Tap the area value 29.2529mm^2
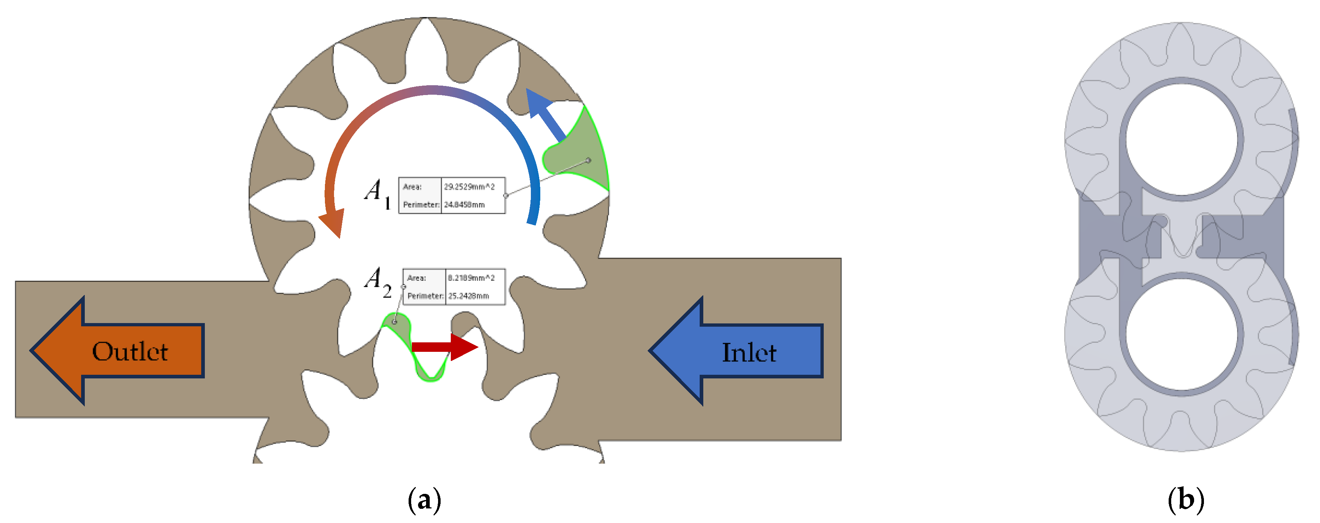coord(469,186)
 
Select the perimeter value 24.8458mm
coord(464,205)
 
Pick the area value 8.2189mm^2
coord(471,278)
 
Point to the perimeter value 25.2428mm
coord(468,296)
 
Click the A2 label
coord(378,282)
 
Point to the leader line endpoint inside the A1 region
coord(588,161)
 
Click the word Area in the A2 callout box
coord(416,278)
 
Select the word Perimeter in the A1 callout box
coord(420,205)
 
